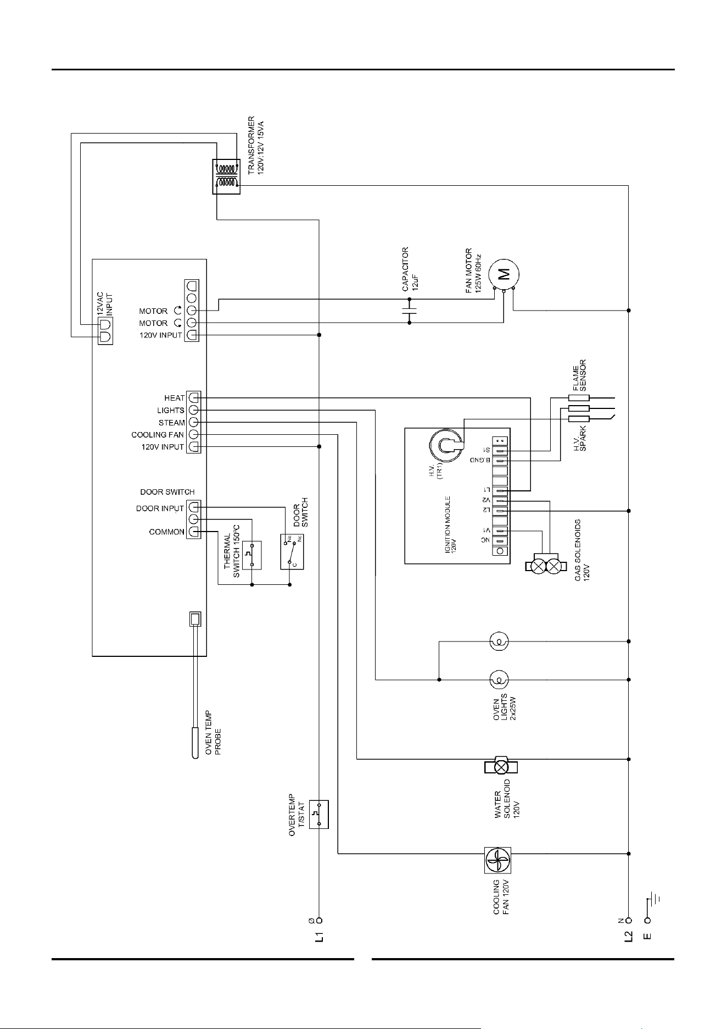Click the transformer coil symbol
(x=226, y=176)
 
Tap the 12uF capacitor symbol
(x=409, y=311)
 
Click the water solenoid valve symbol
(x=500, y=766)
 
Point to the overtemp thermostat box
(x=319, y=814)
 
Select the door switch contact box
(x=292, y=551)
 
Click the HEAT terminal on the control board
(x=194, y=397)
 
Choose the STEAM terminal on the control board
(x=194, y=422)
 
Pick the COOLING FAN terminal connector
(x=194, y=435)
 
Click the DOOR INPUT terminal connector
(x=194, y=508)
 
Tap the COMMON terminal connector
(x=194, y=532)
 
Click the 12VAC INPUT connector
(x=105, y=330)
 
